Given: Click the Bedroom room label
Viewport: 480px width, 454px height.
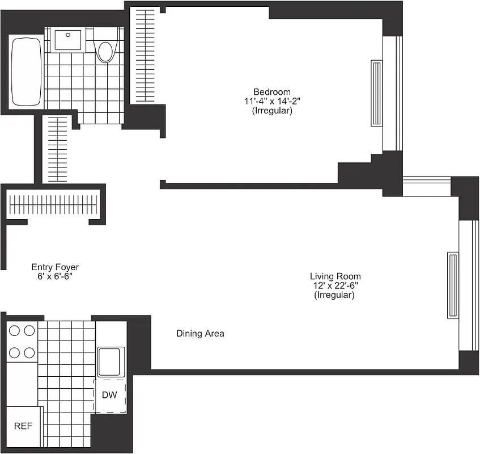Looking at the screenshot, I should click(271, 92).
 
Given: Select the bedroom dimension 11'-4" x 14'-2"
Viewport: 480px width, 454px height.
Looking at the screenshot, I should click(271, 102).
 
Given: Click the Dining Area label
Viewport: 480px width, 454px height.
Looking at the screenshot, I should click(200, 333).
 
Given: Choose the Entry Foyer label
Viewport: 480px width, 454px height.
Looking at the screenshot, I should click(55, 267).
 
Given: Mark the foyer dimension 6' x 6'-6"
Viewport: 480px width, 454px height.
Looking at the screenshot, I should click(55, 276).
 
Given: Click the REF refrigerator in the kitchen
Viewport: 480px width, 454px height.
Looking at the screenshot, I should click(23, 426).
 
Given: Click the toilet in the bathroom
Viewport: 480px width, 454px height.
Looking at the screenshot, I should click(105, 49).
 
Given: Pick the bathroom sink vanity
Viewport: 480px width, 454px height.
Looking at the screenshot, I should click(68, 39).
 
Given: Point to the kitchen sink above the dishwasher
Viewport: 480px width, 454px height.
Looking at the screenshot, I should click(111, 361).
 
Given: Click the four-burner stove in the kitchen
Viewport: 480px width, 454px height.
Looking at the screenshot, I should click(21, 341).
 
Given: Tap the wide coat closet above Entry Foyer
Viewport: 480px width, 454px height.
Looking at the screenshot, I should click(54, 203).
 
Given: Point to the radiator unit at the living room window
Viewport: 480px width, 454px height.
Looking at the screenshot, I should click(453, 285).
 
